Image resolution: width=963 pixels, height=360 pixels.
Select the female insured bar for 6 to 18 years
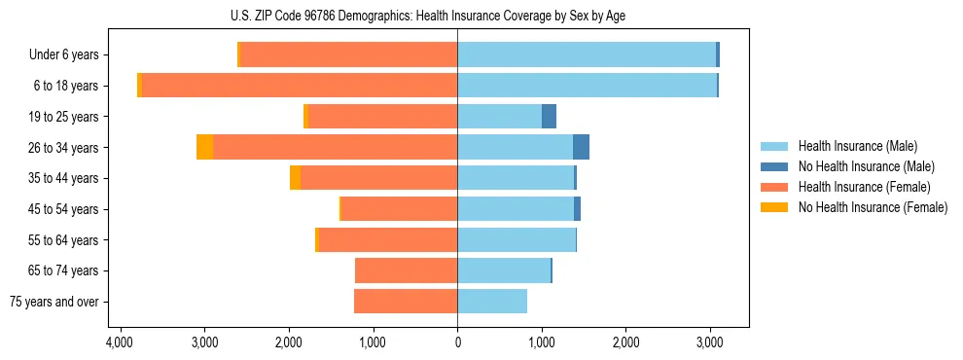pos(591,86)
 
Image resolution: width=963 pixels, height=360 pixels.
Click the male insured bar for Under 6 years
pos(587,54)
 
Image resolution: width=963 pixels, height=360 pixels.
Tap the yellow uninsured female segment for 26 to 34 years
pos(204,147)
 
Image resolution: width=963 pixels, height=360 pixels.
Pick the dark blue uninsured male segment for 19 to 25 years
pos(549,116)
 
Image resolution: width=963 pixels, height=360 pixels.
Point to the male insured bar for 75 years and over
pos(492,302)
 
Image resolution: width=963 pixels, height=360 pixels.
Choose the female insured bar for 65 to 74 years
pos(407,270)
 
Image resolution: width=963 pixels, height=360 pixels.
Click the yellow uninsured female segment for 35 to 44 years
pos(295,178)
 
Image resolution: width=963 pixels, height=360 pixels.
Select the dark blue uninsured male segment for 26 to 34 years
pos(581,147)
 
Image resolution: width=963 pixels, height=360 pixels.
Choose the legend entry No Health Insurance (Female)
pos(873,207)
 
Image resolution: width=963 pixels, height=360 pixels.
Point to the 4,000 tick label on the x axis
pos(120,343)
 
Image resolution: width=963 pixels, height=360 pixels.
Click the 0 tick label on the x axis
pos(457,343)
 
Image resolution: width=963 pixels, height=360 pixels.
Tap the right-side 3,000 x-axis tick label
pos(710,343)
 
